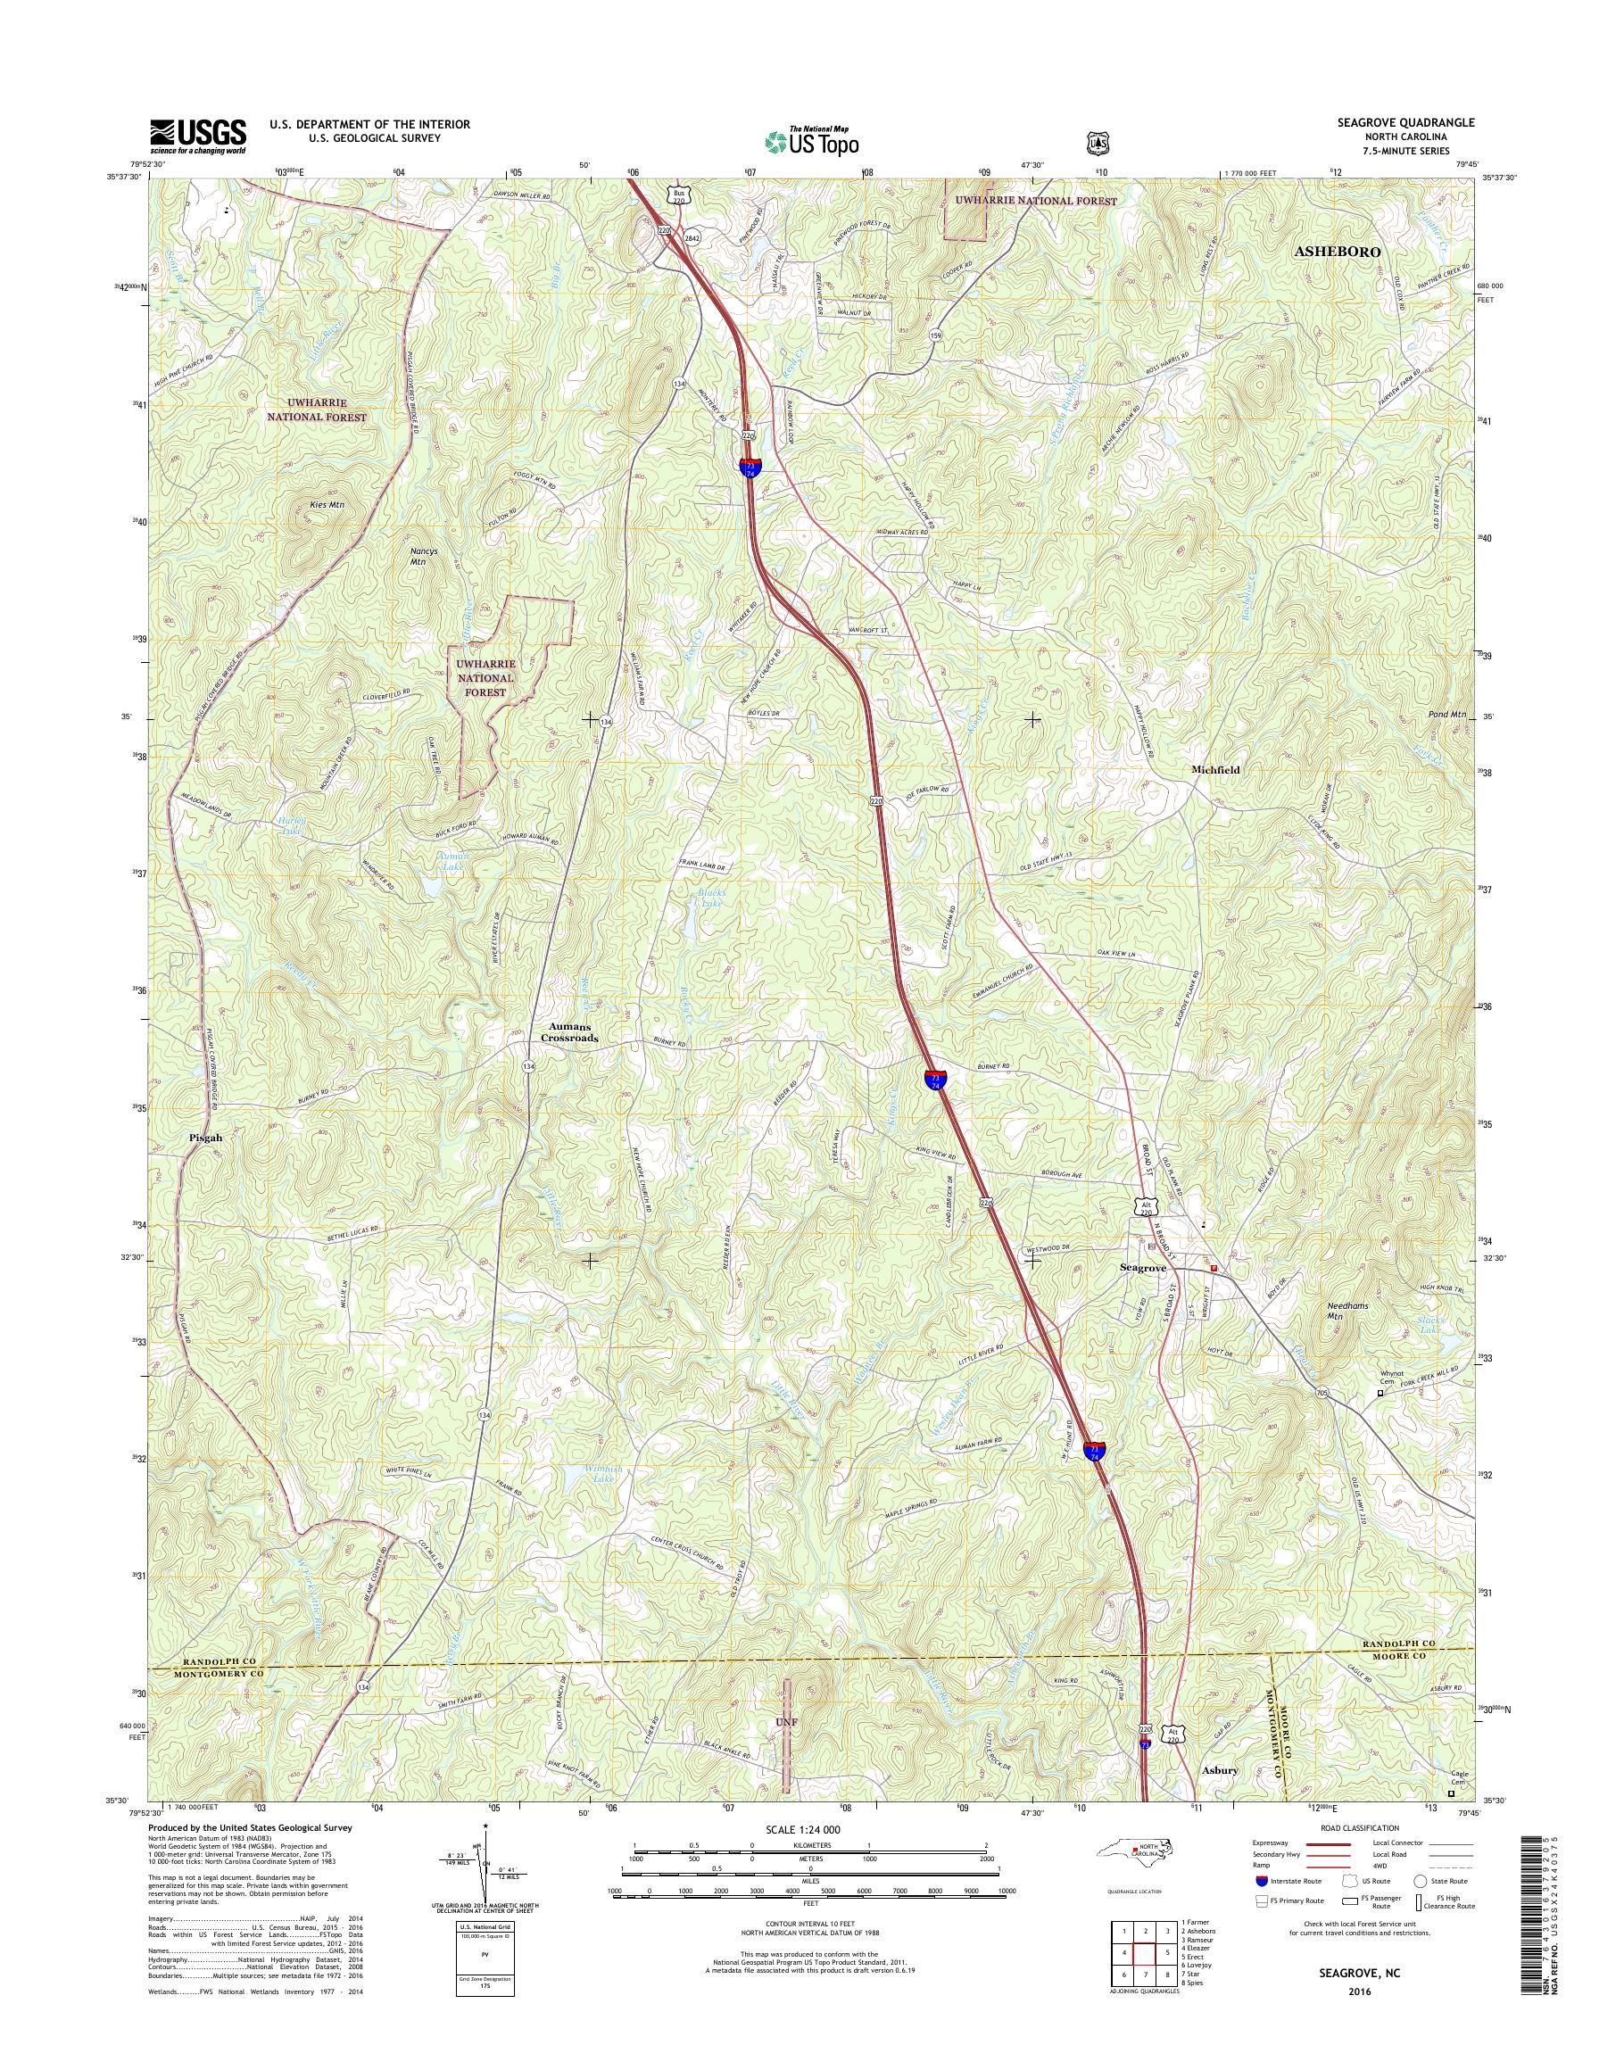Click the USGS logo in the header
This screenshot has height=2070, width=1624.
point(198,137)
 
